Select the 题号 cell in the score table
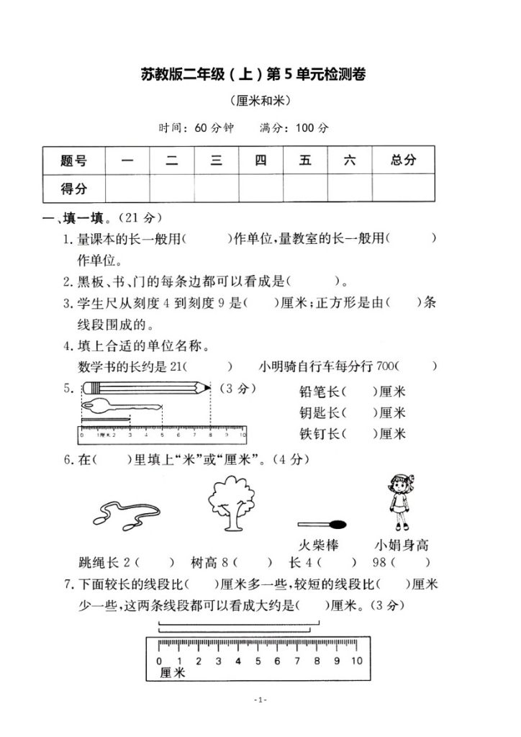click(73, 160)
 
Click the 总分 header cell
click(403, 160)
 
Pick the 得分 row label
click(73, 189)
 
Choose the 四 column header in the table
click(260, 160)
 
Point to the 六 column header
click(350, 160)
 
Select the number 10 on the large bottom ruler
click(356, 661)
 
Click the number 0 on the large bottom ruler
click(159, 661)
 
